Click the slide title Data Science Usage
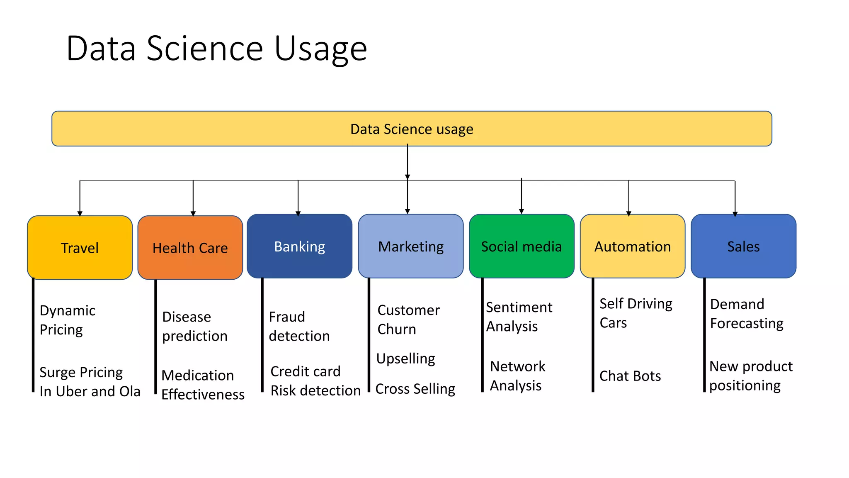pyautogui.click(x=216, y=49)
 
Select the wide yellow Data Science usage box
pyautogui.click(x=411, y=129)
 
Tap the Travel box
pyautogui.click(x=80, y=248)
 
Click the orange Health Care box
pyautogui.click(x=190, y=248)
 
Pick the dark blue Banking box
pyautogui.click(x=299, y=246)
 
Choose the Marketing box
pyautogui.click(x=410, y=246)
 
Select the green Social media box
pyautogui.click(x=521, y=246)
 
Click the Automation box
pyautogui.click(x=632, y=246)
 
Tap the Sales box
pyautogui.click(x=743, y=246)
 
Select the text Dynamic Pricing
pyautogui.click(x=67, y=320)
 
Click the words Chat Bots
pyautogui.click(x=630, y=376)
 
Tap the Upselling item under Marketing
pyautogui.click(x=405, y=358)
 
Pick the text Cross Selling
pyautogui.click(x=415, y=389)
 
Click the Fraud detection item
pyautogui.click(x=298, y=326)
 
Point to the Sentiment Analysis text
pyautogui.click(x=519, y=317)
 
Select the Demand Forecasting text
pyautogui.click(x=746, y=314)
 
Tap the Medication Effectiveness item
pyautogui.click(x=202, y=385)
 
